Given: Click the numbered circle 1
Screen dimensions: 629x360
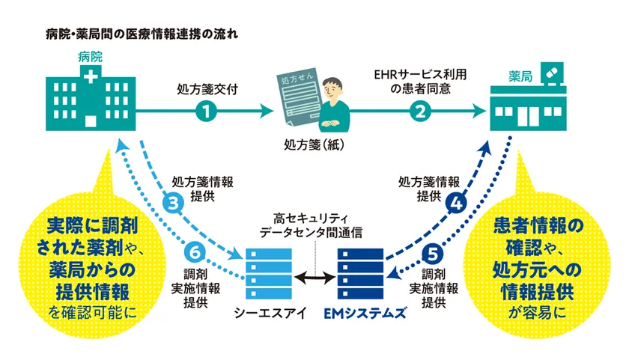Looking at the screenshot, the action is tap(206, 111).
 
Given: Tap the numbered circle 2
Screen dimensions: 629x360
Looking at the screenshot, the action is tap(420, 111).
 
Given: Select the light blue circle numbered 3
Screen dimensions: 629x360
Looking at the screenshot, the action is tap(173, 203).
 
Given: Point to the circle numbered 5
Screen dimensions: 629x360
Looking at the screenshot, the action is tap(433, 254).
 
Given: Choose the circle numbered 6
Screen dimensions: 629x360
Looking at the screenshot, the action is tap(195, 252).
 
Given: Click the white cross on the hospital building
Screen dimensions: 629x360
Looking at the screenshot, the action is tap(91, 76).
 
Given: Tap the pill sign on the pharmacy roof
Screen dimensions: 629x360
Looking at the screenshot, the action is tap(552, 73).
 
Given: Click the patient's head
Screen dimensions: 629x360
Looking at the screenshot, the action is tap(332, 89).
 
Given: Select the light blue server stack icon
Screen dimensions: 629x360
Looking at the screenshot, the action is tap(269, 273).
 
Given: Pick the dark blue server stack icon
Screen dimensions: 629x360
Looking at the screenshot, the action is tap(360, 273).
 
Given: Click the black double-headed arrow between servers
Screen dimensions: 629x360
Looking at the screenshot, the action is tap(315, 277).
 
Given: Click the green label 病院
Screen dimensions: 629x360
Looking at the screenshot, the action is tap(91, 57).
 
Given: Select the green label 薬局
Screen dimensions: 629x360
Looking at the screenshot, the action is tap(520, 76).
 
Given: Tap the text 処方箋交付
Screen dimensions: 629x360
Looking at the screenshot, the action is tap(207, 89).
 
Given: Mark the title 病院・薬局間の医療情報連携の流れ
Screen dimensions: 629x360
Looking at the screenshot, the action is tap(142, 34).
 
